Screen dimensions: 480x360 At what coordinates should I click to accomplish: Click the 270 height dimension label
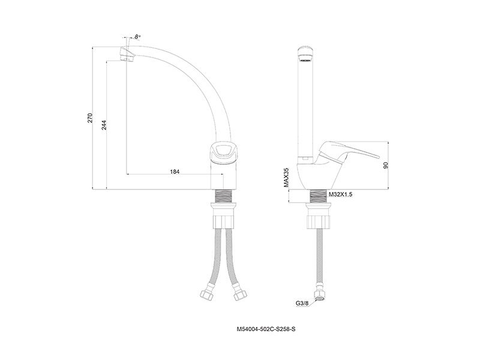click(x=89, y=118)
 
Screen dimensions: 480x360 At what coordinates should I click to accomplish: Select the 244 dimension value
click(x=104, y=125)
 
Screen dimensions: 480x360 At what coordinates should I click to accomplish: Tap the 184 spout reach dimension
click(x=175, y=172)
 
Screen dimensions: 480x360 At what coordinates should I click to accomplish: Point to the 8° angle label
click(x=137, y=37)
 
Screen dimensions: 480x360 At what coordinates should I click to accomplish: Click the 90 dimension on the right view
click(x=386, y=166)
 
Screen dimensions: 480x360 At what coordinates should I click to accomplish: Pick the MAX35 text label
click(x=286, y=177)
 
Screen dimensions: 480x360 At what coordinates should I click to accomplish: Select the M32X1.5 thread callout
click(x=340, y=194)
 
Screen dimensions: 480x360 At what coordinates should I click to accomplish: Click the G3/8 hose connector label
click(x=302, y=304)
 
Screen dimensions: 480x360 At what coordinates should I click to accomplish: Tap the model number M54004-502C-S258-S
click(x=266, y=329)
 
